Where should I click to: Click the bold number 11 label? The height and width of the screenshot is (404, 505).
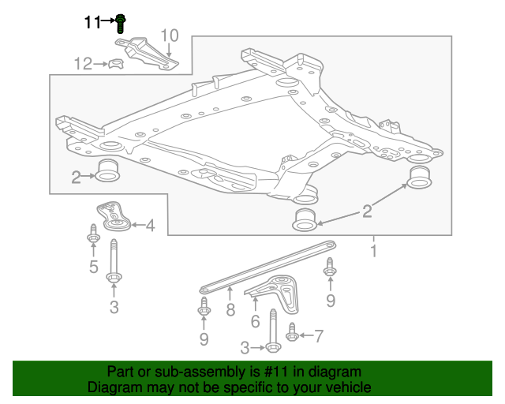[x=93, y=23]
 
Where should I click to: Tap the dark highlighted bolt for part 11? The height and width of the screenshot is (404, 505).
[x=120, y=22]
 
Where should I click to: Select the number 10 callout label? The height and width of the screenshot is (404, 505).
[x=170, y=36]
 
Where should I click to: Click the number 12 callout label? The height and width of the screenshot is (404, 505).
[x=83, y=64]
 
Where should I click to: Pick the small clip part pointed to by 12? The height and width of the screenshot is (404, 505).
[x=115, y=63]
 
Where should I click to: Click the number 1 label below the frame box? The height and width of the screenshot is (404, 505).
[x=373, y=252]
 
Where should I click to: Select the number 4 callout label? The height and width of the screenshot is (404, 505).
[x=149, y=226]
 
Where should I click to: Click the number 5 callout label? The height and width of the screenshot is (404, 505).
[x=93, y=267]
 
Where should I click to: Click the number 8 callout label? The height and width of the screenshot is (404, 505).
[x=230, y=310]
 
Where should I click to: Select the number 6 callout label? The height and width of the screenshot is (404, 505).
[x=255, y=321]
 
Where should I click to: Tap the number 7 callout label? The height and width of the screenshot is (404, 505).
[x=318, y=337]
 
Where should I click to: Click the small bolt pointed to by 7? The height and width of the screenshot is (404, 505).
[x=292, y=335]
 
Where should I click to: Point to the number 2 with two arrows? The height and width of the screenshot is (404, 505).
[x=367, y=210]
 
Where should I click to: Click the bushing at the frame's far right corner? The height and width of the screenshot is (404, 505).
[x=421, y=178]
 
